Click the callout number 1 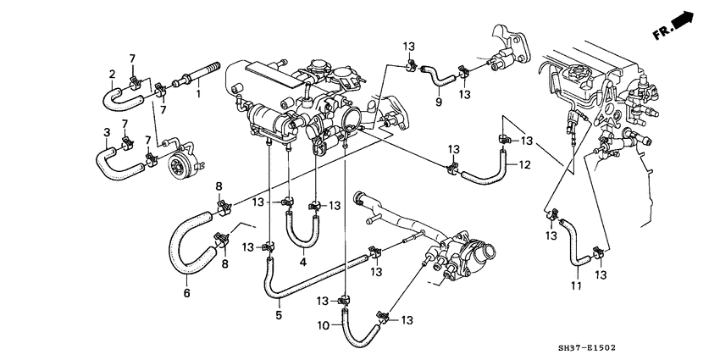[198, 95]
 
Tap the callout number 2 [112, 74]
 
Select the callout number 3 [107, 133]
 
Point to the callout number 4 [302, 263]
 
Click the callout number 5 [279, 316]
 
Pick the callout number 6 [187, 293]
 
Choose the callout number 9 [439, 102]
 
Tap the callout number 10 [324, 325]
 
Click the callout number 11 [576, 285]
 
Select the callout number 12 [525, 164]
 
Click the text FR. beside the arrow [662, 32]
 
